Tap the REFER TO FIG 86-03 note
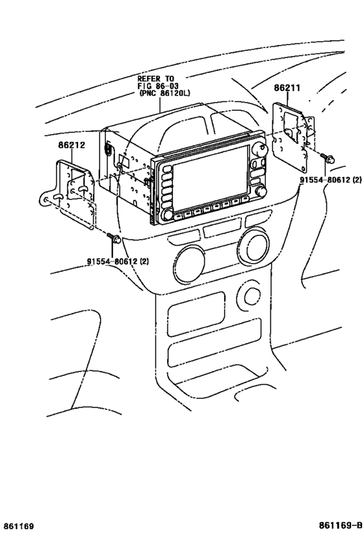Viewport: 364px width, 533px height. (x=156, y=81)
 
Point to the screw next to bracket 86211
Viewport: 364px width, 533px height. (x=328, y=157)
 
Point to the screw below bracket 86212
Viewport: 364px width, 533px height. (x=114, y=239)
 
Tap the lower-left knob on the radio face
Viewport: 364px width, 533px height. (x=168, y=215)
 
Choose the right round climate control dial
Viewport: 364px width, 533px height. (x=253, y=248)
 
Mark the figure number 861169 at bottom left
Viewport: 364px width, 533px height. (x=18, y=525)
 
